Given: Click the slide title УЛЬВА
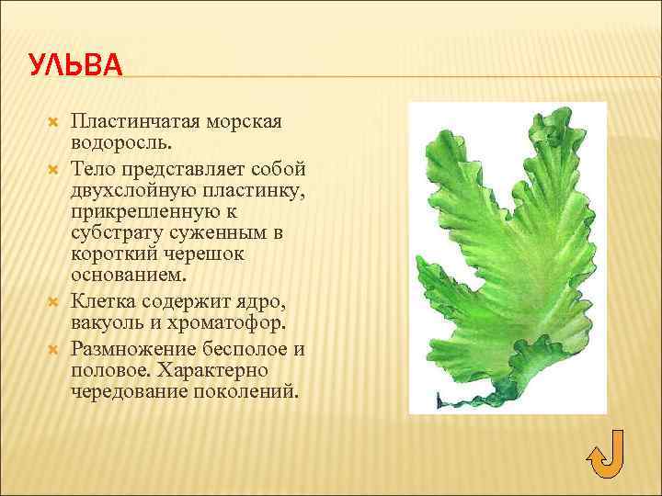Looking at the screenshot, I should (74, 65).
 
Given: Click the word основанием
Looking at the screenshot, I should (127, 275).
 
